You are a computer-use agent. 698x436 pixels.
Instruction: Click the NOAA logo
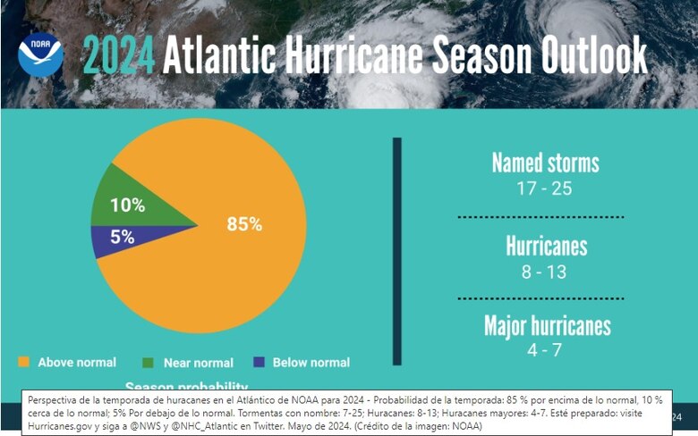point(40,54)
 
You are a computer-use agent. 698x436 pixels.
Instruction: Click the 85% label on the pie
point(244,224)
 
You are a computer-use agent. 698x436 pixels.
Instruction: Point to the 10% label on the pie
point(127,205)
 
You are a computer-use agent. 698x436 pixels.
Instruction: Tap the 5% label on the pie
point(123,237)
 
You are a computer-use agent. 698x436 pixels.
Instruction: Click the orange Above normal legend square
point(24,362)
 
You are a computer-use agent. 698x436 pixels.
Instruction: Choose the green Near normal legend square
point(149,362)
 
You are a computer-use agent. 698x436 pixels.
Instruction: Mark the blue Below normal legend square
point(260,362)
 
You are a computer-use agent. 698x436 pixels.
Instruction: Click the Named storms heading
point(545,163)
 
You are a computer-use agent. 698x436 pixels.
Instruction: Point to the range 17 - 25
point(545,189)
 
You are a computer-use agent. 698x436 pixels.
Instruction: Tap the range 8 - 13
point(545,272)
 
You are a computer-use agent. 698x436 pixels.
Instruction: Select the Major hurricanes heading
point(547,325)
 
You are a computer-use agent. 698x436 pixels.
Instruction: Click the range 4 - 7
point(545,350)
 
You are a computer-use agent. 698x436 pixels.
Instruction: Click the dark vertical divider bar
point(397,251)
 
